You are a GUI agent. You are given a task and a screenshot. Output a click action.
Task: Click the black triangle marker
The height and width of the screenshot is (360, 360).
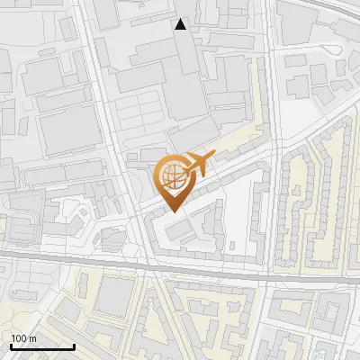click(x=181, y=24)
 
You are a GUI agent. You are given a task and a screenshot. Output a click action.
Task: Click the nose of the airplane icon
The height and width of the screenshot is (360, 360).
click(x=214, y=156)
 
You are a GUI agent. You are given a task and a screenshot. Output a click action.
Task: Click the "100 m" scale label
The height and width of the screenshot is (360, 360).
click(x=23, y=338)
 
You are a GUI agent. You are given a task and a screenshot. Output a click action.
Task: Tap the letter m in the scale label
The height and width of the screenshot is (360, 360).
click(x=32, y=338)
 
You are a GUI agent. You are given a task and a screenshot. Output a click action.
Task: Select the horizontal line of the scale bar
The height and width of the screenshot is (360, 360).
click(x=41, y=347)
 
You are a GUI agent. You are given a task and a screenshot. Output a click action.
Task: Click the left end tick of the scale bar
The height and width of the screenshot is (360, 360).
click(x=10, y=345)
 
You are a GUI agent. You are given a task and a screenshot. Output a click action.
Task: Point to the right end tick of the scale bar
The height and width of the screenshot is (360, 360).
click(x=74, y=345)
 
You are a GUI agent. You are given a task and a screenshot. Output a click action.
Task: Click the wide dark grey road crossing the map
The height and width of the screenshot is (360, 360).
click(x=90, y=261)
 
